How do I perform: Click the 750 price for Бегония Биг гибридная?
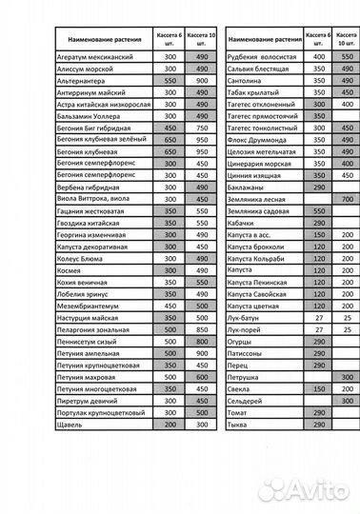201,128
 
